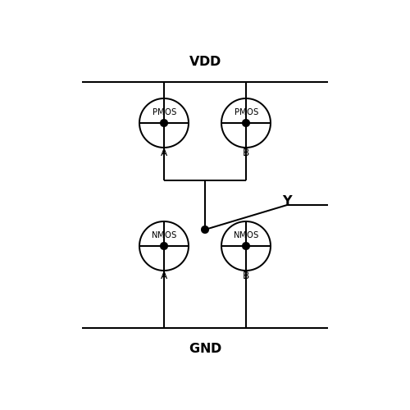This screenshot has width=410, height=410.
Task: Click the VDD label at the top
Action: click(x=205, y=61)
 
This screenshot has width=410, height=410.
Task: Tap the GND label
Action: click(x=205, y=348)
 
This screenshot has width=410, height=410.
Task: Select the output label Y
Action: click(x=287, y=200)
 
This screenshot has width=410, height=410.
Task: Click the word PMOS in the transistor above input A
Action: click(x=164, y=112)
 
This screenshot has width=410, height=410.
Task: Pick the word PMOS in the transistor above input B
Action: click(x=246, y=112)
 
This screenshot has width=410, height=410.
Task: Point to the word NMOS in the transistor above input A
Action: click(x=164, y=235)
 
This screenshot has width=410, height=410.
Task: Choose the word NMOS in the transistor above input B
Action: click(x=246, y=235)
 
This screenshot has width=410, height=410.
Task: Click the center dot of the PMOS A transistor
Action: click(x=164, y=123)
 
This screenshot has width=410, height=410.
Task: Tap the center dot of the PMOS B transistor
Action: click(x=246, y=123)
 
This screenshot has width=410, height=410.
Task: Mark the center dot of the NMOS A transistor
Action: click(x=164, y=246)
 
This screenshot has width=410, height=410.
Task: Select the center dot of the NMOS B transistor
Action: click(x=246, y=246)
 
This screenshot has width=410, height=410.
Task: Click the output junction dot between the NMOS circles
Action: click(x=205, y=230)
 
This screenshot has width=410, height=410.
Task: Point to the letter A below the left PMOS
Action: click(x=164, y=153)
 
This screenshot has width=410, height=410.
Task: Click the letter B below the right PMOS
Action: click(x=246, y=153)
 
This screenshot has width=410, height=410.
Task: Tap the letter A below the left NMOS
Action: click(x=164, y=276)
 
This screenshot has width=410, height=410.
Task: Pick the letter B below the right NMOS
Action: click(x=246, y=276)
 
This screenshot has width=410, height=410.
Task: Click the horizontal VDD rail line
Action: click(x=205, y=82)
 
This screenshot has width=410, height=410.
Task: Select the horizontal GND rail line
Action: click(x=205, y=328)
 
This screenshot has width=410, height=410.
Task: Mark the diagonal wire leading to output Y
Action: click(x=246, y=217)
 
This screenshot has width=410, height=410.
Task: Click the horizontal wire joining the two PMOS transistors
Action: click(x=205, y=180)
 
